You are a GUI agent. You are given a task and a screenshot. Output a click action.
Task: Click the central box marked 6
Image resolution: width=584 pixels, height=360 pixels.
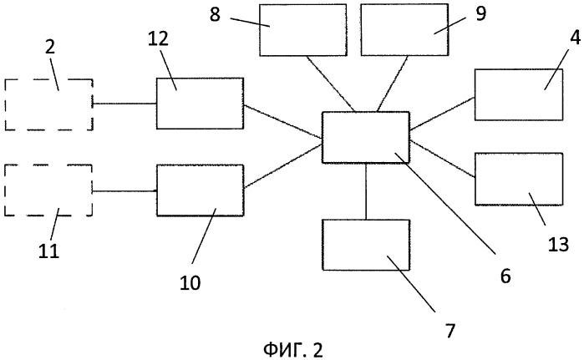[366, 137]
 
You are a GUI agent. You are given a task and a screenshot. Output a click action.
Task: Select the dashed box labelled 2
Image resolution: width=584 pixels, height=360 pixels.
[48, 104]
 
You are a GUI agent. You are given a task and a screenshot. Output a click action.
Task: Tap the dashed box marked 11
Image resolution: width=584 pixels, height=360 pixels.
[48, 190]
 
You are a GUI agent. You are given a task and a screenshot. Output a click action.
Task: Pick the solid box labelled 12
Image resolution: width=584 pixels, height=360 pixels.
[200, 103]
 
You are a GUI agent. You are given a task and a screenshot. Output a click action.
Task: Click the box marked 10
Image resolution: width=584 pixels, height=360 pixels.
[200, 190]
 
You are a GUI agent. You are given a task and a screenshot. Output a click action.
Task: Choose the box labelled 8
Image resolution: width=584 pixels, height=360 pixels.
[302, 29]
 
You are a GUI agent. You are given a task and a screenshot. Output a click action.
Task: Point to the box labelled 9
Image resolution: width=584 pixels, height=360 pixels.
[404, 29]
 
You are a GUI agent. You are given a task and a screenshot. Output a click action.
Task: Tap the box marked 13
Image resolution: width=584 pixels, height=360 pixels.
[518, 179]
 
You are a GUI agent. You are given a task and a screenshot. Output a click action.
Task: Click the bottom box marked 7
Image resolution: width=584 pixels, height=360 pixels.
[366, 245]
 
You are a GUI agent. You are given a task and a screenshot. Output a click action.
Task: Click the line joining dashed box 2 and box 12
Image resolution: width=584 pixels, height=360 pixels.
[124, 104]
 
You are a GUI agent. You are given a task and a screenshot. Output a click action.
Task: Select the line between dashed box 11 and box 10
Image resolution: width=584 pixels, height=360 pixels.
[124, 191]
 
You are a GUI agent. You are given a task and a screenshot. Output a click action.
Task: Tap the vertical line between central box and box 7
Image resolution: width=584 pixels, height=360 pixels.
[366, 191]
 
